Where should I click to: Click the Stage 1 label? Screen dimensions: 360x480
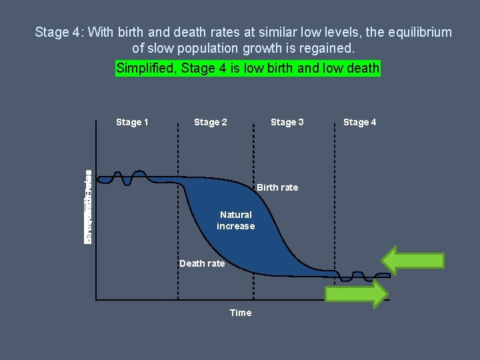(132, 122)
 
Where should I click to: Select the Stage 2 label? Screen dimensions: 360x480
(210, 122)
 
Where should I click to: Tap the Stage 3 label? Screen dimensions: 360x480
(287, 122)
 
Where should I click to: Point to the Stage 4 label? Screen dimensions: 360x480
(359, 122)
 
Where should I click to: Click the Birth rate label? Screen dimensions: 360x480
(277, 187)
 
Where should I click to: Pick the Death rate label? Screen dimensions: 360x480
(202, 263)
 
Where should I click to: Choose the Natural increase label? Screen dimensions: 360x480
(235, 220)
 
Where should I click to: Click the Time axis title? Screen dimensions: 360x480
(241, 313)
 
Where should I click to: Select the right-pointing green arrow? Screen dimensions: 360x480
(356, 293)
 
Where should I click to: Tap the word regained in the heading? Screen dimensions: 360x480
(324, 48)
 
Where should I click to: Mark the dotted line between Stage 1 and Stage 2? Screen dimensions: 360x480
(178, 213)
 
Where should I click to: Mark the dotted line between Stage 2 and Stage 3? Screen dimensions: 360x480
(253, 213)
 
